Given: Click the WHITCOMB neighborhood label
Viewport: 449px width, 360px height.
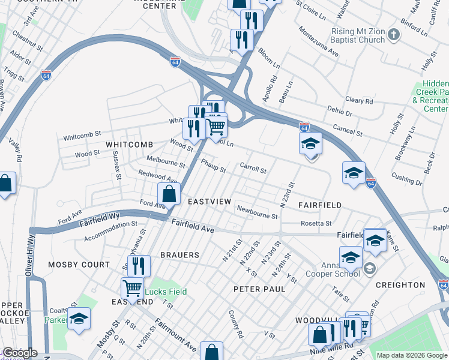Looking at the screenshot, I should pos(130,145).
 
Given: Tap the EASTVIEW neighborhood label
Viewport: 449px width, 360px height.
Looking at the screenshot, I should pos(209,202).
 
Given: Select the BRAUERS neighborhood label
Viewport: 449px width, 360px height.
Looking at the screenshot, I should pos(179,255).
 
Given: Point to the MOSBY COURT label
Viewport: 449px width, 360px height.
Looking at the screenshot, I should pos(79,265).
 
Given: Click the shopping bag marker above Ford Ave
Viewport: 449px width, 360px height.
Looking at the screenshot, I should pos(169,194).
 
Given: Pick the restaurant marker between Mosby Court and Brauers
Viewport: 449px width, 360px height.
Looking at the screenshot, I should pos(138,265).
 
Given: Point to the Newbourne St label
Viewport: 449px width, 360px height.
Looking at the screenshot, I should pos(257,212).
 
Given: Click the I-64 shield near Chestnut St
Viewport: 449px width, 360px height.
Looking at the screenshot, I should pos(46,75).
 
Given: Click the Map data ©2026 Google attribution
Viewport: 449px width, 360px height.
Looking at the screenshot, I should pos(412,355).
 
